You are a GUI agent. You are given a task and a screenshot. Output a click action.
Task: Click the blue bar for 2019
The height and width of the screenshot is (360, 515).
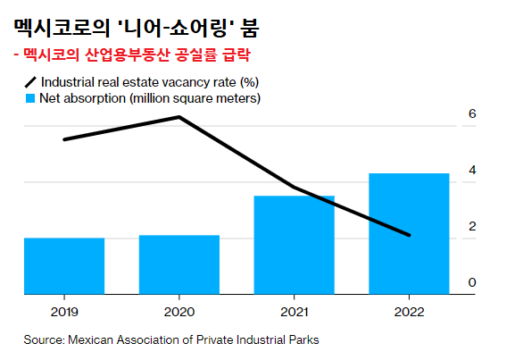click(63, 266)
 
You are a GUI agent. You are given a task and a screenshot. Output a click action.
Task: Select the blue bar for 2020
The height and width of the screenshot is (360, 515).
click(179, 264)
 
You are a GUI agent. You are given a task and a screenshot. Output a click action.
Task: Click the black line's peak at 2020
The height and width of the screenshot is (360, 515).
click(179, 117)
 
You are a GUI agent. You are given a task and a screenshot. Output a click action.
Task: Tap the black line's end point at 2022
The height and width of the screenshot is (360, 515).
click(409, 236)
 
